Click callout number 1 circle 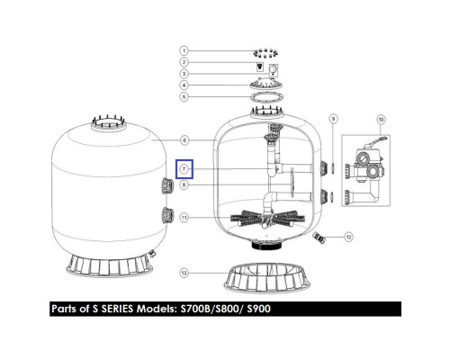[x=184, y=50]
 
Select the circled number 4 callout [x=184, y=85]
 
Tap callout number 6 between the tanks [x=184, y=140]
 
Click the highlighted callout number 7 [x=184, y=169]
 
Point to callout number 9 [x=333, y=119]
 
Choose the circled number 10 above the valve [x=381, y=120]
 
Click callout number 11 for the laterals [x=184, y=217]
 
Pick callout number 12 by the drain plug [x=348, y=237]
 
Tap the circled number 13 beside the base [x=184, y=273]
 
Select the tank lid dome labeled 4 [x=266, y=83]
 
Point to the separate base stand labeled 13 [x=267, y=278]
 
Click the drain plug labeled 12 [x=319, y=238]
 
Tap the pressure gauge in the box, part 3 [x=273, y=70]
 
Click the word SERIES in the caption [x=117, y=309]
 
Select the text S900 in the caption [x=258, y=309]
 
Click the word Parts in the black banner [x=64, y=309]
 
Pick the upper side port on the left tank [x=167, y=186]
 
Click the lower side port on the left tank [x=167, y=215]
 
